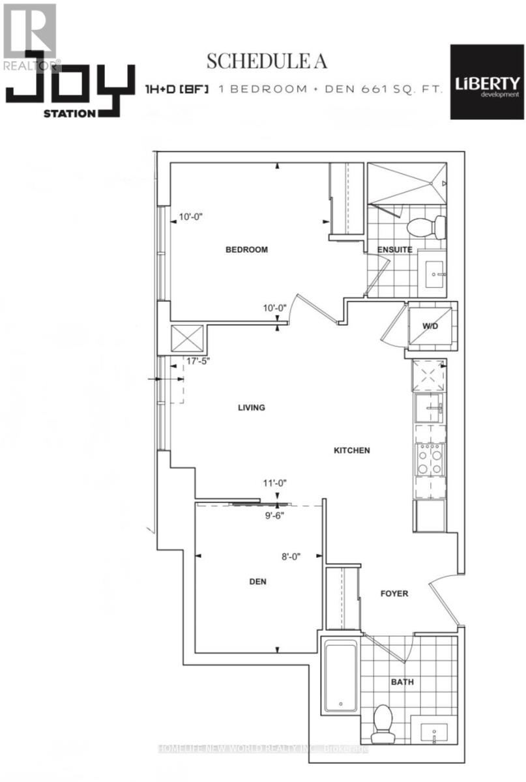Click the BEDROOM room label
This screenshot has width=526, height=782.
coord(246,250)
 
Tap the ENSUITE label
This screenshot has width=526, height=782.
coord(394,250)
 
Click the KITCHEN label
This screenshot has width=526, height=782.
coord(352,450)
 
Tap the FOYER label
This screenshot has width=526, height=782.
coord(394,594)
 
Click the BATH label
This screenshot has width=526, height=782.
coord(403,682)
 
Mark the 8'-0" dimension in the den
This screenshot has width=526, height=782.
coord(293,557)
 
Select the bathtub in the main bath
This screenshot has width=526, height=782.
coord(340,676)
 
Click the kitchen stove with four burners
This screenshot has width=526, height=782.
coord(430,459)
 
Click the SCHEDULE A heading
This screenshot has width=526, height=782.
coord(266,61)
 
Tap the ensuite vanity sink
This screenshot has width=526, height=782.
coord(433,269)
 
